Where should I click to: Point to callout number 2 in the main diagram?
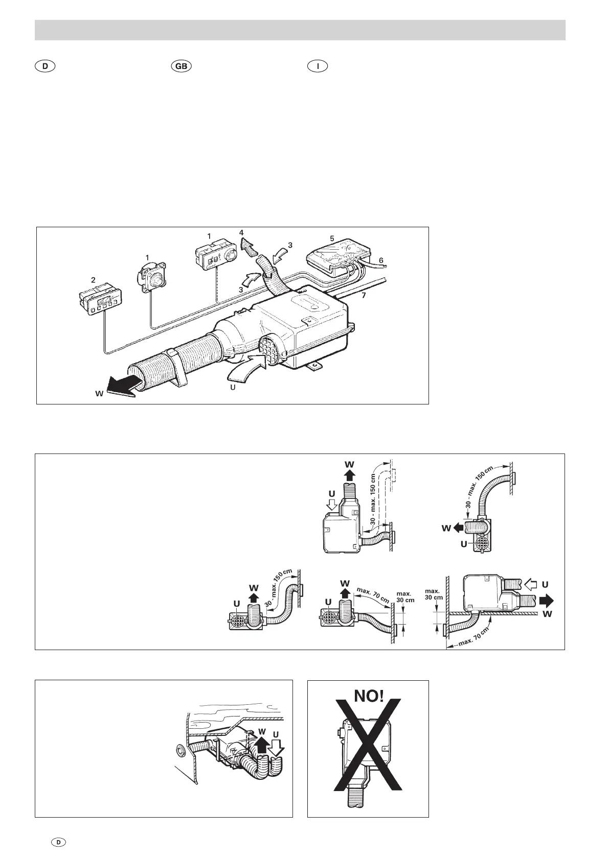[x=93, y=280]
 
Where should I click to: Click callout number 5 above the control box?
[x=332, y=238]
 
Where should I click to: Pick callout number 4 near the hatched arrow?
[x=241, y=232]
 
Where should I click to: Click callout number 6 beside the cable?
[x=381, y=260]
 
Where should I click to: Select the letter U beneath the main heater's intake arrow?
[x=233, y=387]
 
